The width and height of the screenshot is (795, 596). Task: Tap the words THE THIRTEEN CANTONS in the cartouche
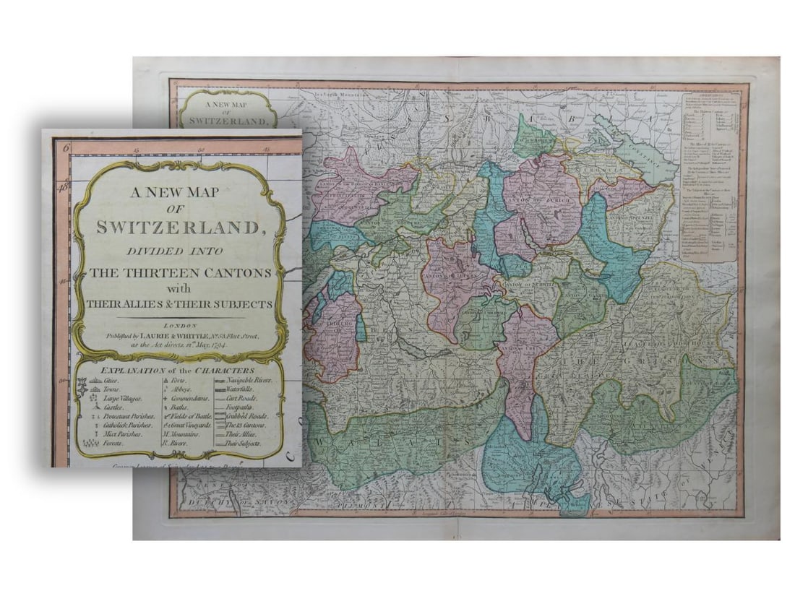pyautogui.click(x=179, y=272)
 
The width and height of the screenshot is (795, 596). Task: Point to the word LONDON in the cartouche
pyautogui.click(x=180, y=325)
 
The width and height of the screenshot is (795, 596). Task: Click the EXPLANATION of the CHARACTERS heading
pyautogui.click(x=179, y=368)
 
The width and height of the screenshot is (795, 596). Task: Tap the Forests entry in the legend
pyautogui.click(x=109, y=444)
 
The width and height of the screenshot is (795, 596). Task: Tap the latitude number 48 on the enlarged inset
pyautogui.click(x=64, y=186)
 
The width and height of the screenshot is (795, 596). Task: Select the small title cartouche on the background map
pyautogui.click(x=228, y=110)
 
